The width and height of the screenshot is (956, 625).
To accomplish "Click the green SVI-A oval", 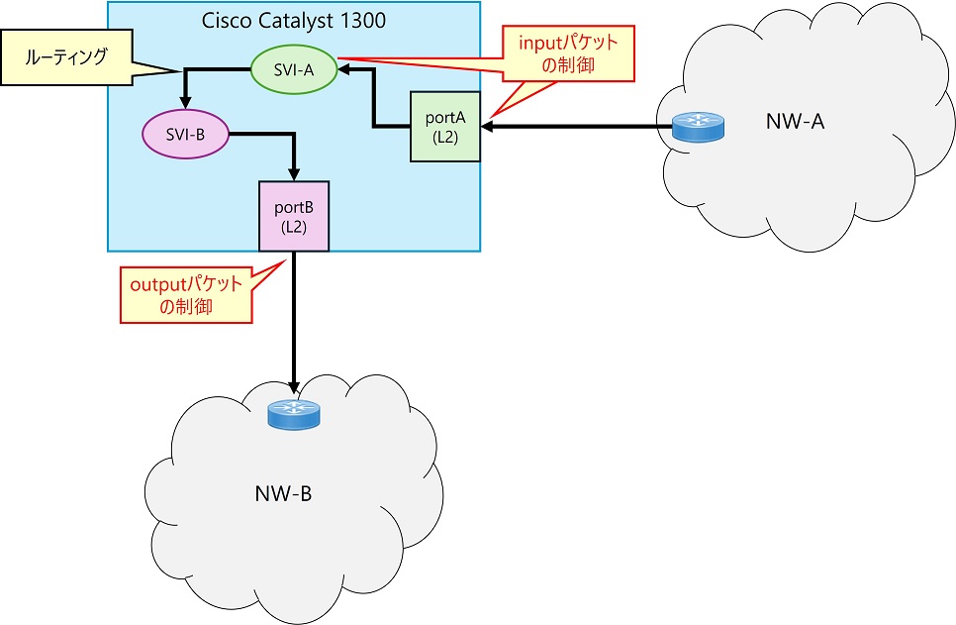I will pos(294,68).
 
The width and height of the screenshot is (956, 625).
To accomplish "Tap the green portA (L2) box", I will pos(445,126).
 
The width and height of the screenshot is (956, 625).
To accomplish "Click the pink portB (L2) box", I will pos(294,216).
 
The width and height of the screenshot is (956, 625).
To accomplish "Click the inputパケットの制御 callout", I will pos(569,53).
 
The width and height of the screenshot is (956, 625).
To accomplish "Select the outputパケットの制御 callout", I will pos(185,294).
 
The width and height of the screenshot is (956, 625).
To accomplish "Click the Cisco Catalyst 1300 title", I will pos(293,21).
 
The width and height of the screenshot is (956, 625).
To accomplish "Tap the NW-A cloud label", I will pos(795,122).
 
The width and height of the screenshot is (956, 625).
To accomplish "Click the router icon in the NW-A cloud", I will pos(698,127).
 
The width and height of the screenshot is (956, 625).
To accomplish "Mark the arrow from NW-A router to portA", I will pos(574,127).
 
